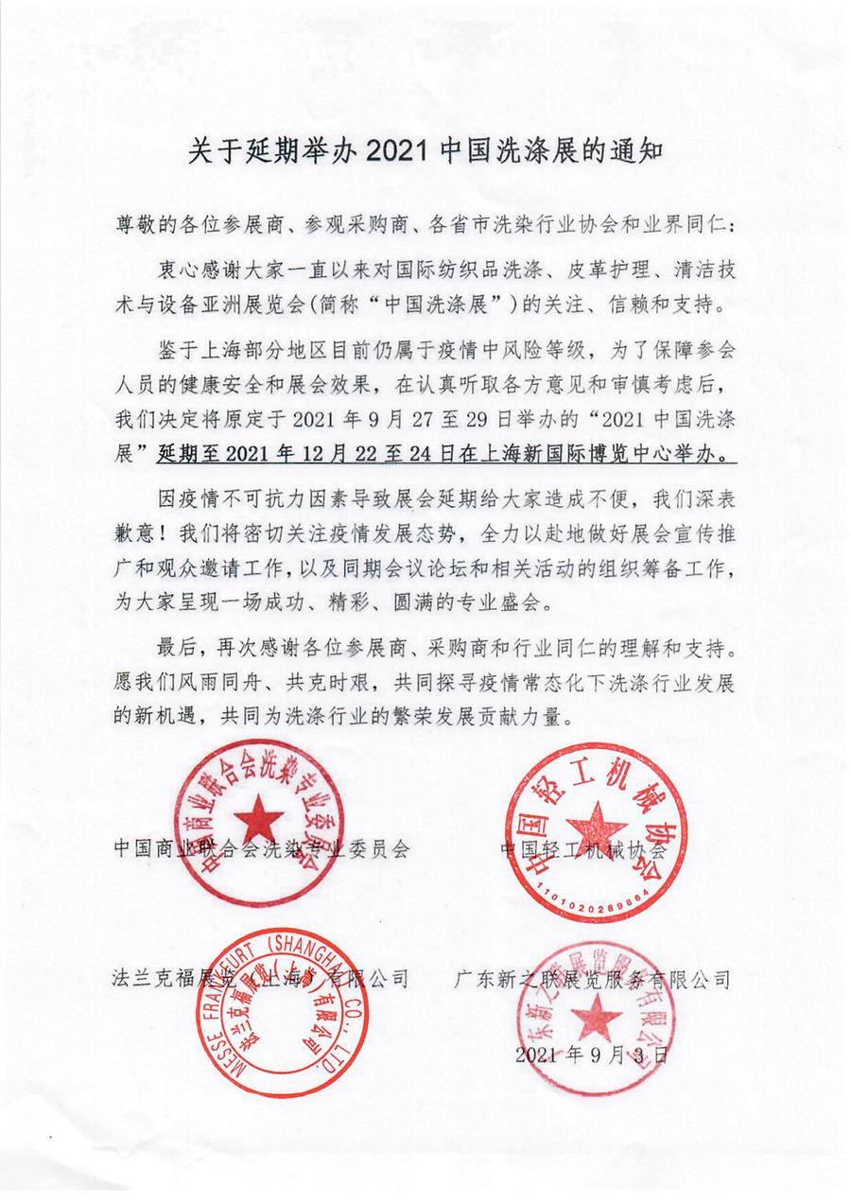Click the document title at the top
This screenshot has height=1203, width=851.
coord(426,150)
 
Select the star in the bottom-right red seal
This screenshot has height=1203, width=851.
coord(594,1020)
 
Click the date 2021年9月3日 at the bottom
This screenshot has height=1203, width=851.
coord(592,1055)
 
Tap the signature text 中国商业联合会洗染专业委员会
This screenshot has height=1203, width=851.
coord(260,848)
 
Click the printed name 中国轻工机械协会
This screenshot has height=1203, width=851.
coord(583,848)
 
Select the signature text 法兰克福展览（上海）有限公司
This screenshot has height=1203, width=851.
coord(260,977)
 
